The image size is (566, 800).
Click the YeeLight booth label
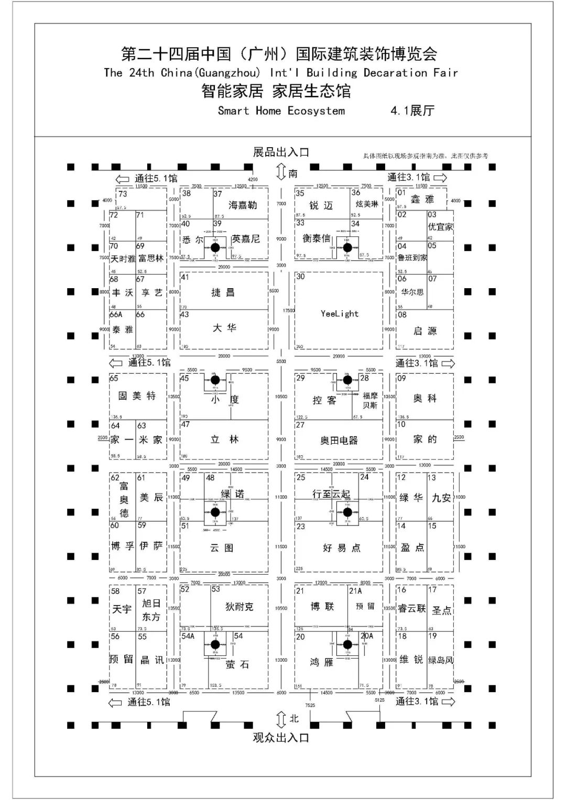(x=340, y=314)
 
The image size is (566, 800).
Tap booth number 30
(x=300, y=277)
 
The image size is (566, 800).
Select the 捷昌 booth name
(x=223, y=292)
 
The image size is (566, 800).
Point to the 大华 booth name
(x=224, y=328)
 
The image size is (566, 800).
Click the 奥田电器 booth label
(x=339, y=441)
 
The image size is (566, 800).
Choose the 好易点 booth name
(x=342, y=548)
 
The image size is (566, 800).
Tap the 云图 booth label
(x=222, y=548)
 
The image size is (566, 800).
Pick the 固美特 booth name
(x=137, y=396)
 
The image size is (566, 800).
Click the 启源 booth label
(x=425, y=331)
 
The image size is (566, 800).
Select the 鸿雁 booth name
(x=321, y=663)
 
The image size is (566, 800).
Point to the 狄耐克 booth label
(x=239, y=607)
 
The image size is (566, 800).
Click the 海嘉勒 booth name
(x=243, y=205)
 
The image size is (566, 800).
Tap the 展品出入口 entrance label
(x=281, y=152)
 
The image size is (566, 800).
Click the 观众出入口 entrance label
(x=281, y=738)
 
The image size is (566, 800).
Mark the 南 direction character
(x=293, y=173)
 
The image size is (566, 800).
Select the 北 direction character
(x=294, y=719)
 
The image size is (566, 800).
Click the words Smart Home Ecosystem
(x=281, y=111)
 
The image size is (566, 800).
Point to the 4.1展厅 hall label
(x=412, y=111)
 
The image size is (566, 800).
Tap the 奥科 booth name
(x=425, y=399)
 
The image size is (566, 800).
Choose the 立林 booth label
(x=224, y=440)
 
